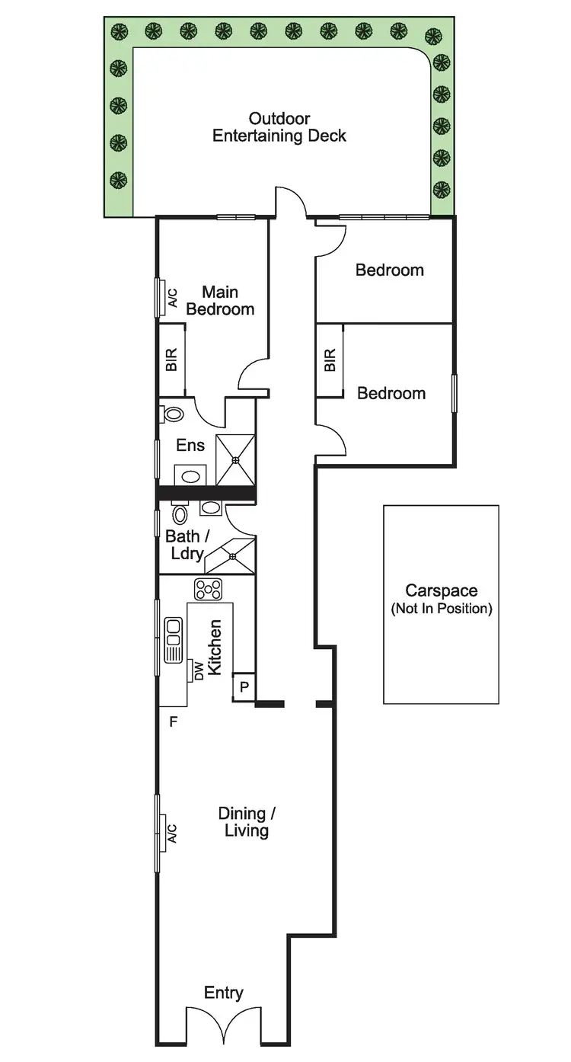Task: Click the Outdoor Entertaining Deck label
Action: [x=279, y=128]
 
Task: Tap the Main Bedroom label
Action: [x=220, y=300]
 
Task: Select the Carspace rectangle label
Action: [x=441, y=599]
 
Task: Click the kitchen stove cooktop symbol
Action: [x=208, y=589]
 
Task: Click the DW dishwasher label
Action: [x=199, y=671]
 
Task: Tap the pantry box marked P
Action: [x=244, y=686]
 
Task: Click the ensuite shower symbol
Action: [x=235, y=460]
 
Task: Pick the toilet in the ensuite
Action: [x=174, y=415]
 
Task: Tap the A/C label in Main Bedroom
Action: [x=172, y=297]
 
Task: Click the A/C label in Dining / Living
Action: [x=172, y=833]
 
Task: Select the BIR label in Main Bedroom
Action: [x=172, y=360]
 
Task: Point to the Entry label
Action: [x=224, y=992]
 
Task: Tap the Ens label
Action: [x=190, y=445]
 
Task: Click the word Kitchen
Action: [x=215, y=647]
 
